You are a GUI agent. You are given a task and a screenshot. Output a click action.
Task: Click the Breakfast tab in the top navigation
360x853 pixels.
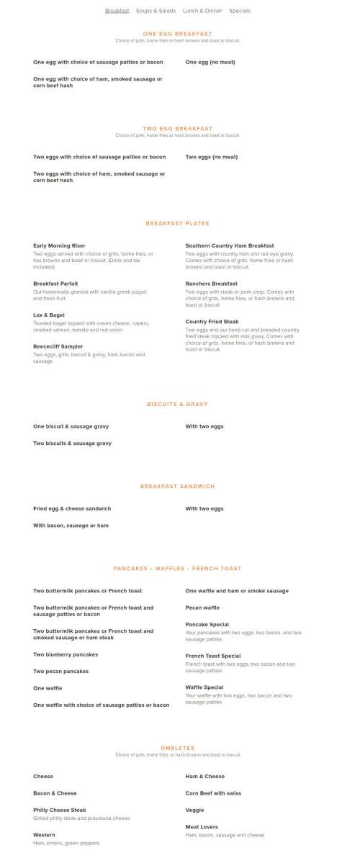(x=117, y=11)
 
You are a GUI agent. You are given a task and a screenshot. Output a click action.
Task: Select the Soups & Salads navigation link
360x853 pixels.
(x=156, y=11)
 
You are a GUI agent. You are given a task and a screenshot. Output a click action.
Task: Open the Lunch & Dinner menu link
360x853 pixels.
(x=202, y=11)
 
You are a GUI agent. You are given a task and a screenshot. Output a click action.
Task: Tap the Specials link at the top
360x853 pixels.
(x=240, y=11)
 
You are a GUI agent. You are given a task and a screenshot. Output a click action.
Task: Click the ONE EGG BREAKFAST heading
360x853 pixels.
(x=177, y=34)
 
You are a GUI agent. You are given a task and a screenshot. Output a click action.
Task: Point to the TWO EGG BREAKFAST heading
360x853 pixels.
(x=177, y=128)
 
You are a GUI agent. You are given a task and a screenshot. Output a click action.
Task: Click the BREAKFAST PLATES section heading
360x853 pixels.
(x=177, y=223)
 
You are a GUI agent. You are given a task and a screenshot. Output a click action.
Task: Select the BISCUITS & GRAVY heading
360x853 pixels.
(x=177, y=404)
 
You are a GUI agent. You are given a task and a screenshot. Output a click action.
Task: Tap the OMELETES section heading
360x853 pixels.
(x=177, y=748)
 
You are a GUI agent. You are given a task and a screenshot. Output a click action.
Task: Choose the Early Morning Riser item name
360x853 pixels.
(x=59, y=245)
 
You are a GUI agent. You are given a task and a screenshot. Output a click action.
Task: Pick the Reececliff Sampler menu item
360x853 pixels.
(x=58, y=346)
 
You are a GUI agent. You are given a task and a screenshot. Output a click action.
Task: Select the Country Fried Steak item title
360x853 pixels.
(x=212, y=322)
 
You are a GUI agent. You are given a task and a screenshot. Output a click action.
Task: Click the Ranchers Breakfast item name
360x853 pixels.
(x=211, y=284)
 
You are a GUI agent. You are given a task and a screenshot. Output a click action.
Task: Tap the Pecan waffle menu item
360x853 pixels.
(x=202, y=608)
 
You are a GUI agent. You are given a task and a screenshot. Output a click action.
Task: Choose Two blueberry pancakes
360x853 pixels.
(x=66, y=654)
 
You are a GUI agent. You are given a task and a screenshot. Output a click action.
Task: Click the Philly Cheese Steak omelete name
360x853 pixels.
(x=59, y=810)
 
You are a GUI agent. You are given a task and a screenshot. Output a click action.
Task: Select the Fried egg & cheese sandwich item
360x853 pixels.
(x=72, y=508)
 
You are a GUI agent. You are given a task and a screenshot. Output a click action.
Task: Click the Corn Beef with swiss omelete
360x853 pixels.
(x=213, y=793)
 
